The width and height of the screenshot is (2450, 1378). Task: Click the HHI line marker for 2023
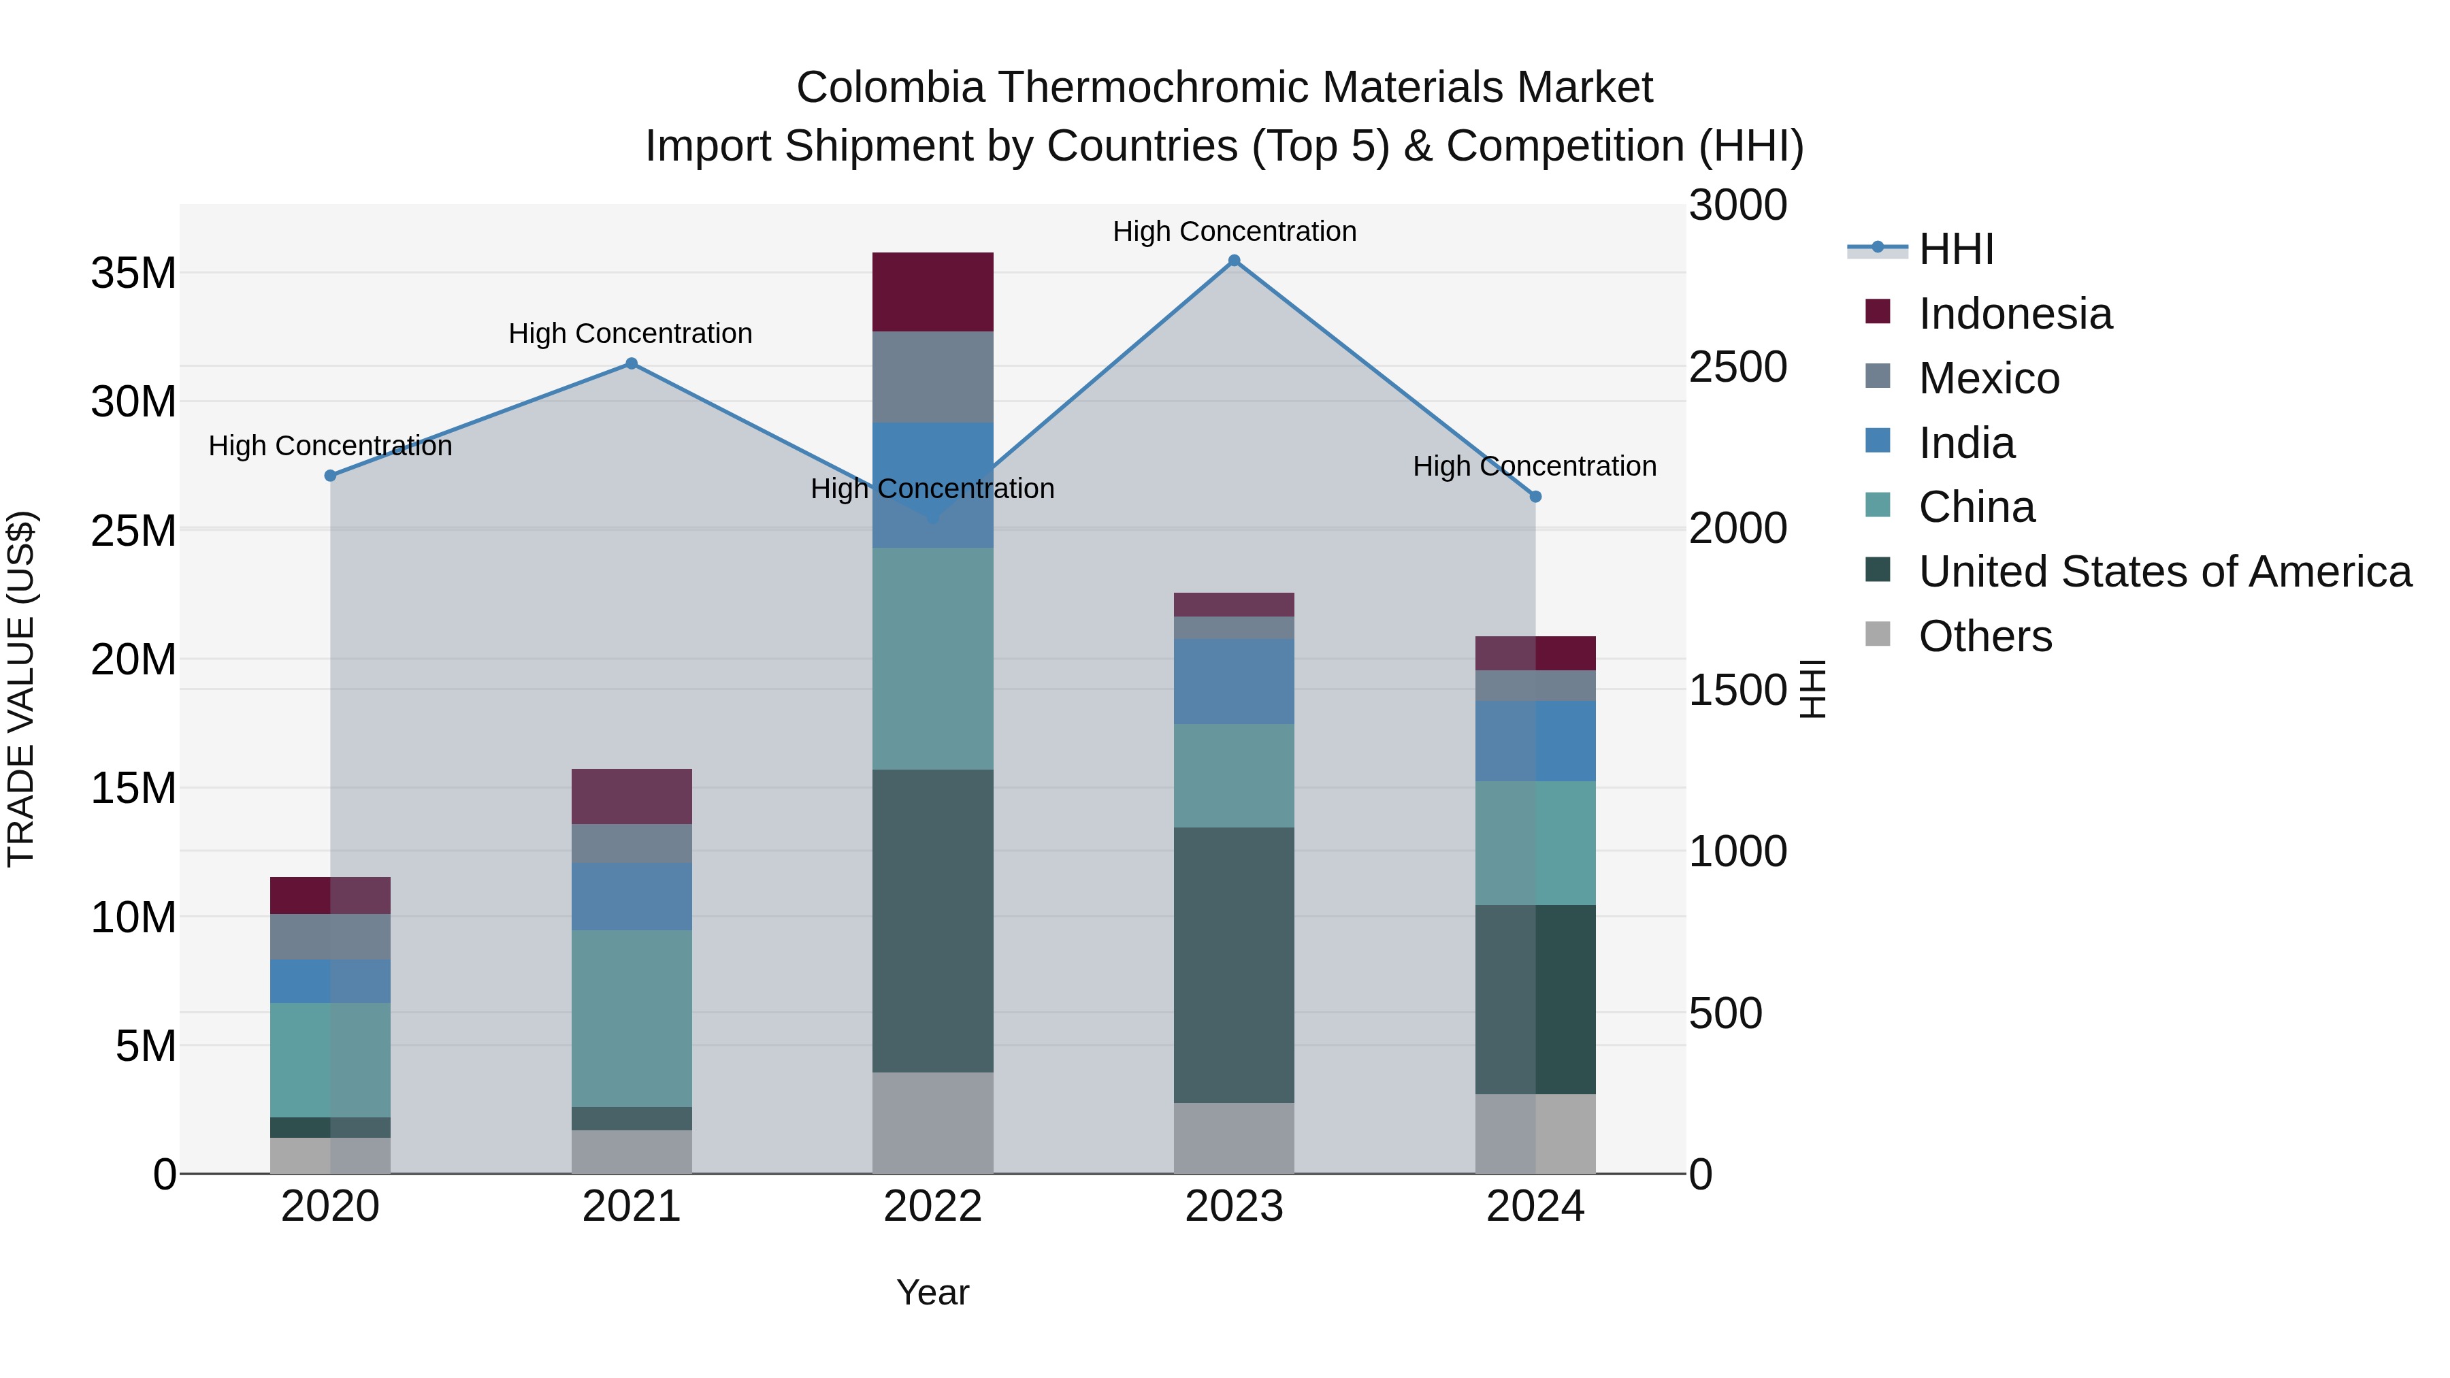click(1234, 261)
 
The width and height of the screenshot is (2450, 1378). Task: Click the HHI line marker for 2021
click(632, 363)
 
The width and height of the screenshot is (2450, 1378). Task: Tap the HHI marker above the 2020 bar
click(330, 476)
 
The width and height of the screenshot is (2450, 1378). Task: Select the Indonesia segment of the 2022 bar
click(932, 292)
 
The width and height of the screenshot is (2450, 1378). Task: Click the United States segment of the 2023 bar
click(1234, 964)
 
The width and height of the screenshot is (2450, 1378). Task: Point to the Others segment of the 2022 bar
click(932, 1122)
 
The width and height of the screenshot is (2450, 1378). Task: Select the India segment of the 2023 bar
click(1234, 681)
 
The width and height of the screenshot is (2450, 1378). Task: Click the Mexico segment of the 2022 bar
click(932, 376)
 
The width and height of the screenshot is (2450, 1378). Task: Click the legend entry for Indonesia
click(2014, 314)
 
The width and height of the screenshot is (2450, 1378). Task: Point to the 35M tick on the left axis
click(133, 274)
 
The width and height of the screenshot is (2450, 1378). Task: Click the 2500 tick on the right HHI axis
click(1737, 367)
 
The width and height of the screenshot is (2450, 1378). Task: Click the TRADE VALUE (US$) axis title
click(21, 689)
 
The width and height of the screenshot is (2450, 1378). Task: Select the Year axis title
click(932, 1292)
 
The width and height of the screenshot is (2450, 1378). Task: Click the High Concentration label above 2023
click(1234, 231)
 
